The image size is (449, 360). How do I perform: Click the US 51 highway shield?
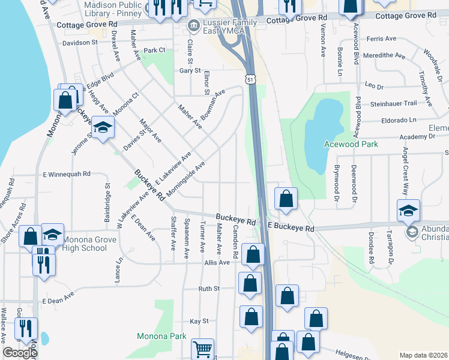pyautogui.click(x=250, y=79)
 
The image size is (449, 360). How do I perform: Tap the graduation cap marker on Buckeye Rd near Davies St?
pyautogui.click(x=103, y=127)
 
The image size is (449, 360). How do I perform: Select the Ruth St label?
pyautogui.click(x=209, y=289)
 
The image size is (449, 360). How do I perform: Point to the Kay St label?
pyautogui.click(x=199, y=322)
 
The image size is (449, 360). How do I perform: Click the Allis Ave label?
pyautogui.click(x=217, y=262)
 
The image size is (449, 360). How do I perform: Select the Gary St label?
pyautogui.click(x=189, y=71)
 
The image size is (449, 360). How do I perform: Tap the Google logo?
pyautogui.click(x=20, y=353)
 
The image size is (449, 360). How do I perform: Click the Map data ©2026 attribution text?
pyautogui.click(x=424, y=355)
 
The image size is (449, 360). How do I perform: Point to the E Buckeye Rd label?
pyautogui.click(x=291, y=229)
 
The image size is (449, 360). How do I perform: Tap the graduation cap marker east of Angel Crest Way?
pyautogui.click(x=408, y=211)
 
